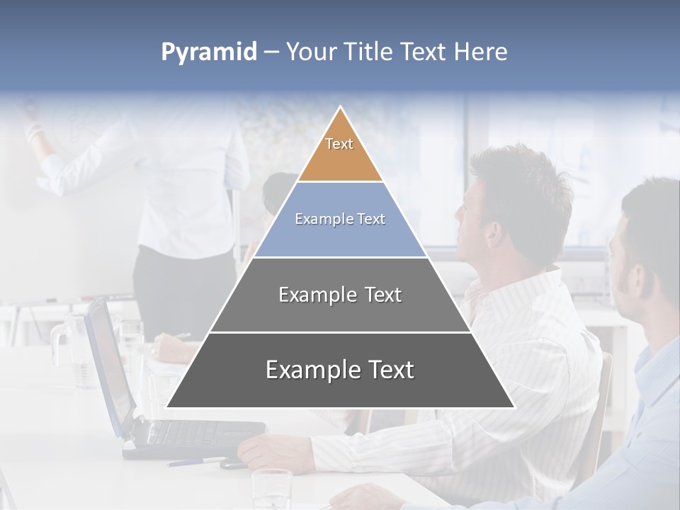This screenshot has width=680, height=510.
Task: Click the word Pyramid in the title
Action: tap(209, 52)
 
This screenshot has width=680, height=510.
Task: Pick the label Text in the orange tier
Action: tap(339, 144)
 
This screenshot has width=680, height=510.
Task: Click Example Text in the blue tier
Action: tap(340, 219)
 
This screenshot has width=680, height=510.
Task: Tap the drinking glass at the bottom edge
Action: tap(271, 489)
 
